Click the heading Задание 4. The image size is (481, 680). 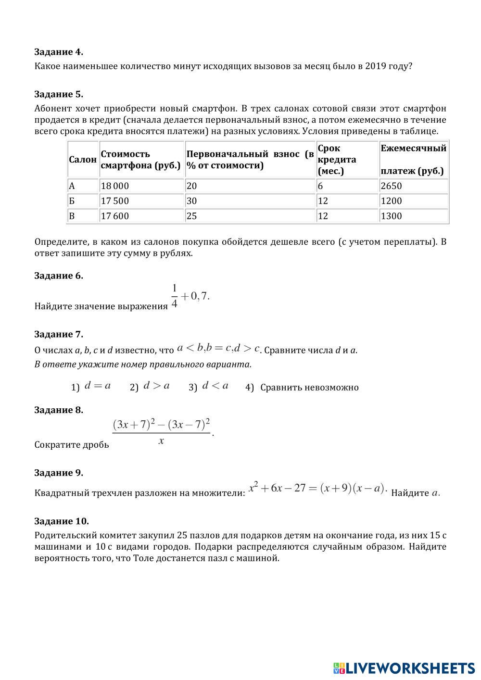(59, 52)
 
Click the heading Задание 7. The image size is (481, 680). (59, 334)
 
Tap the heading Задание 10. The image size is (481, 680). (62, 521)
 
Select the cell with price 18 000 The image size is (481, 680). (115, 186)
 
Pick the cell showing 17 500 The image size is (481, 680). (115, 201)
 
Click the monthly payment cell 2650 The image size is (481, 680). (391, 186)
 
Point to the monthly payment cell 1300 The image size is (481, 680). (391, 216)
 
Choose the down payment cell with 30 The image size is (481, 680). (192, 201)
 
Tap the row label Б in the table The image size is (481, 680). (72, 201)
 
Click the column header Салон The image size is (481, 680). (83, 160)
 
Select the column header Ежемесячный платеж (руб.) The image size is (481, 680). (413, 159)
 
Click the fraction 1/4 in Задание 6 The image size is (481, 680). (174, 296)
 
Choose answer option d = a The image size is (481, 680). (98, 386)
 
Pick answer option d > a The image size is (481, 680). (156, 386)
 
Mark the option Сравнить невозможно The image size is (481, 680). (309, 388)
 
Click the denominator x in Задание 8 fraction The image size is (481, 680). (161, 441)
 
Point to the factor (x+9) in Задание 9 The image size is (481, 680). (335, 489)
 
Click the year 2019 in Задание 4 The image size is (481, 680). (376, 66)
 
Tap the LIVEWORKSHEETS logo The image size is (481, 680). (404, 668)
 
